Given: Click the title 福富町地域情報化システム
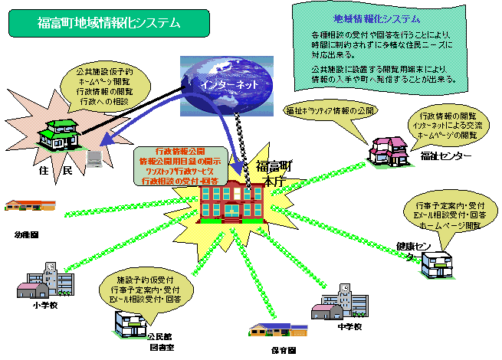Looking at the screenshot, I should [109, 24].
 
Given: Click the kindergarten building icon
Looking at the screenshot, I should [31, 206].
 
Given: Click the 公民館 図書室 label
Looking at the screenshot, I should [160, 341].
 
